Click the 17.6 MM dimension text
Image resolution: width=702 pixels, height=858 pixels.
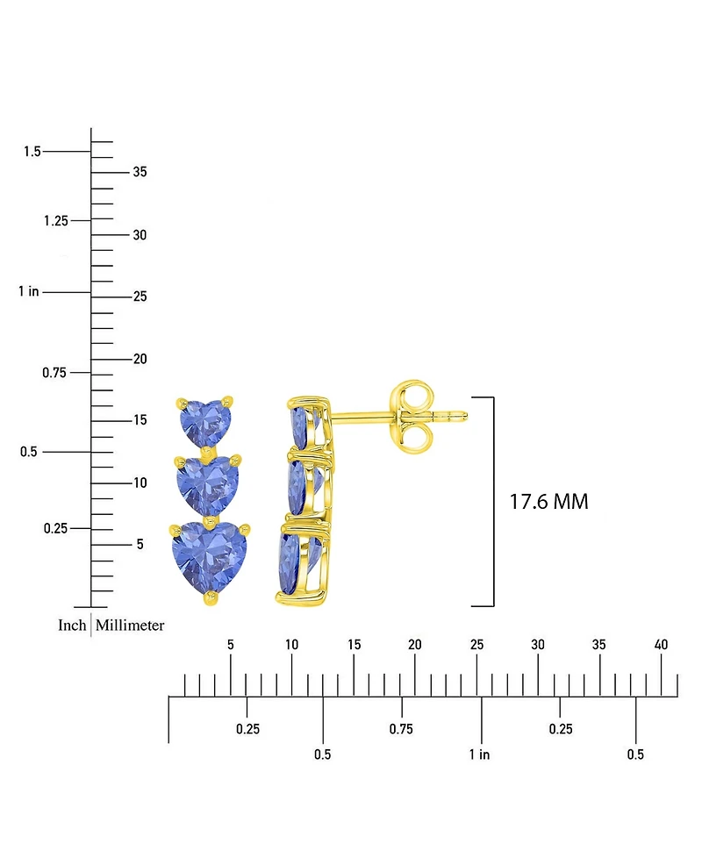[x=548, y=502]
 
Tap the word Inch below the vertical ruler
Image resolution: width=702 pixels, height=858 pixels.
[x=72, y=626]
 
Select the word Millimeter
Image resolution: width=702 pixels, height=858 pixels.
[x=130, y=626]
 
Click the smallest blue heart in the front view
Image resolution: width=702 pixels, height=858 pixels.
[x=204, y=421]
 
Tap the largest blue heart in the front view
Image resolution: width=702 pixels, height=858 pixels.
[x=210, y=555]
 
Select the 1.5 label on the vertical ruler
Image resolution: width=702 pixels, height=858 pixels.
[x=32, y=152]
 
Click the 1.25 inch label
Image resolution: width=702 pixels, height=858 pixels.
[x=55, y=220]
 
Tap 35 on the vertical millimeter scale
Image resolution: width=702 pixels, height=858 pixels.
[x=140, y=172]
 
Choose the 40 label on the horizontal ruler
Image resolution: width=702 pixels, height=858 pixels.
[x=662, y=645]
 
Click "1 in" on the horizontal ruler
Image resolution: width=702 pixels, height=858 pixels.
[x=479, y=754]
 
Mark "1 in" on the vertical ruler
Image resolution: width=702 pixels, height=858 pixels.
[x=28, y=291]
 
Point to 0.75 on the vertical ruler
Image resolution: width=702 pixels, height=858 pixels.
[x=55, y=373]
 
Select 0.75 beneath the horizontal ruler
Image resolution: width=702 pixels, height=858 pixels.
[x=401, y=729]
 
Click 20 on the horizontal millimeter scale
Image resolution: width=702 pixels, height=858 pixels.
[x=415, y=645]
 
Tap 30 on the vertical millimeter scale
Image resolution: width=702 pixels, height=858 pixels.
[x=140, y=235]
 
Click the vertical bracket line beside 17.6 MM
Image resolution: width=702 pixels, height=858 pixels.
[x=494, y=502]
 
